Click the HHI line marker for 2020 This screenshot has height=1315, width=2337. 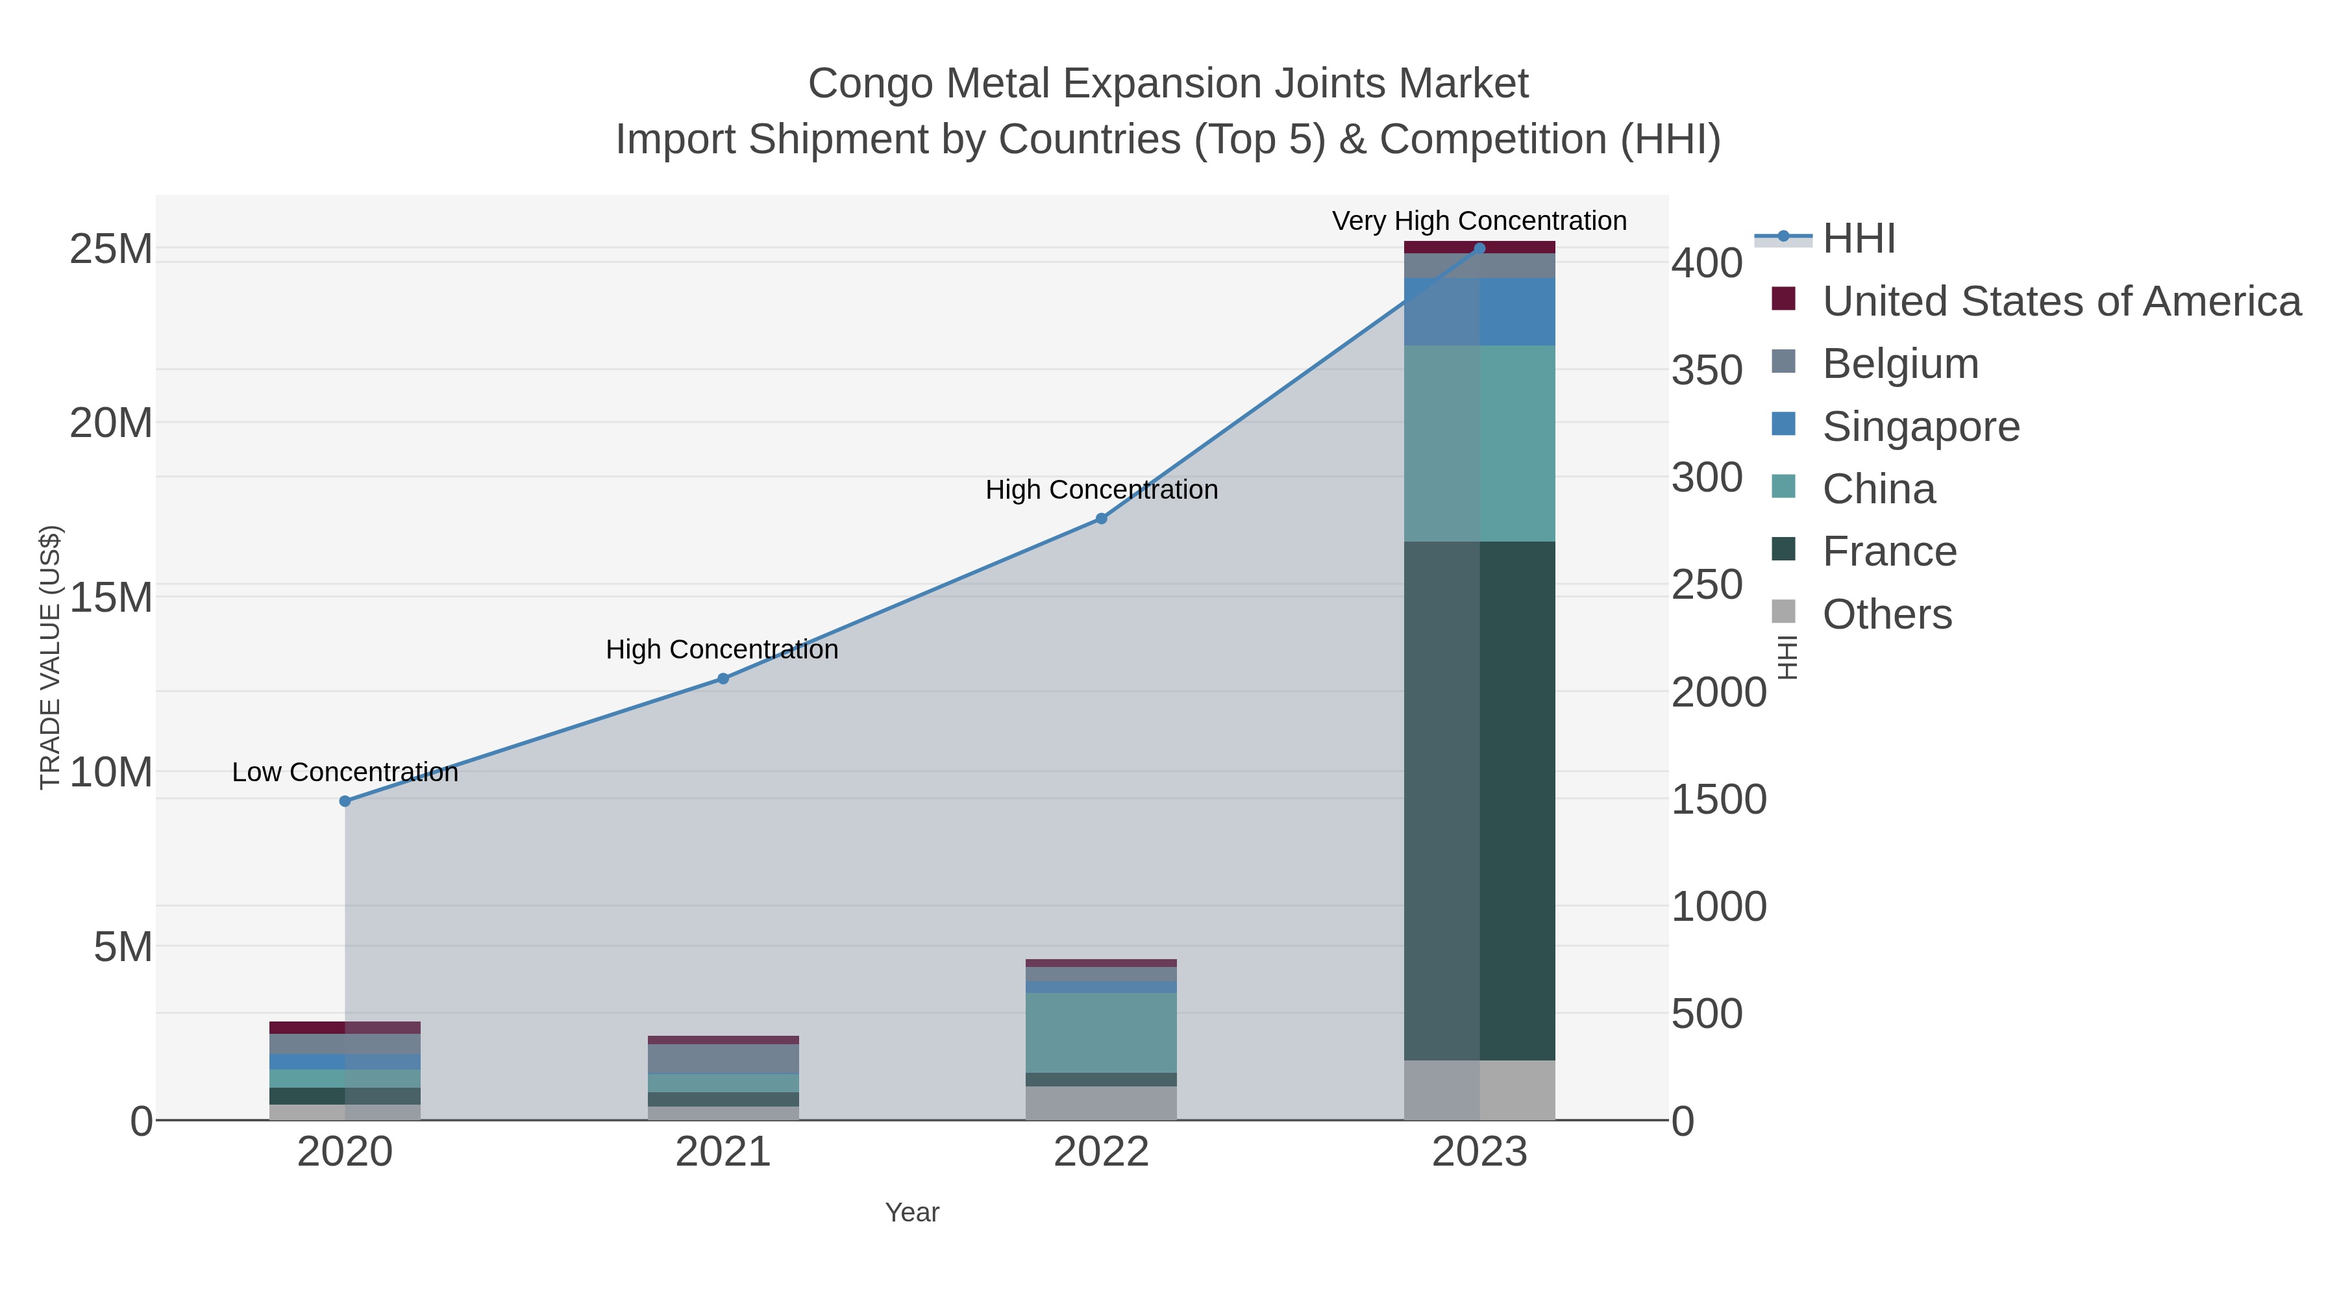[x=345, y=801]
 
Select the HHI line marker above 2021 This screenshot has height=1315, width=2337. [x=723, y=679]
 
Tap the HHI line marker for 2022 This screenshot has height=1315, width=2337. [x=1102, y=519]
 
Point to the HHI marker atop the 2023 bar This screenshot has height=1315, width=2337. [x=1479, y=248]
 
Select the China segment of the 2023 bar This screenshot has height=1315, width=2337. [x=1479, y=443]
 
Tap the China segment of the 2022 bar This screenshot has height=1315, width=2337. [x=1102, y=1032]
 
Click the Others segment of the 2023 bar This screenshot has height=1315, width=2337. [x=1479, y=1089]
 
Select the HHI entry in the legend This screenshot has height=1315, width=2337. [x=1858, y=239]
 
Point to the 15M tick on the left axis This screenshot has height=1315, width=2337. [x=110, y=598]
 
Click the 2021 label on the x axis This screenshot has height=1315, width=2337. [x=723, y=1153]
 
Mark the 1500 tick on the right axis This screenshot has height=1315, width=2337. [x=1718, y=799]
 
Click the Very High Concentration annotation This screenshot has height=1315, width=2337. [x=1479, y=221]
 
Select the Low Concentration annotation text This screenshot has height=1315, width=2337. [x=345, y=772]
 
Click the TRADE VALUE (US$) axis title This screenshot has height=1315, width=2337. [x=51, y=657]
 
